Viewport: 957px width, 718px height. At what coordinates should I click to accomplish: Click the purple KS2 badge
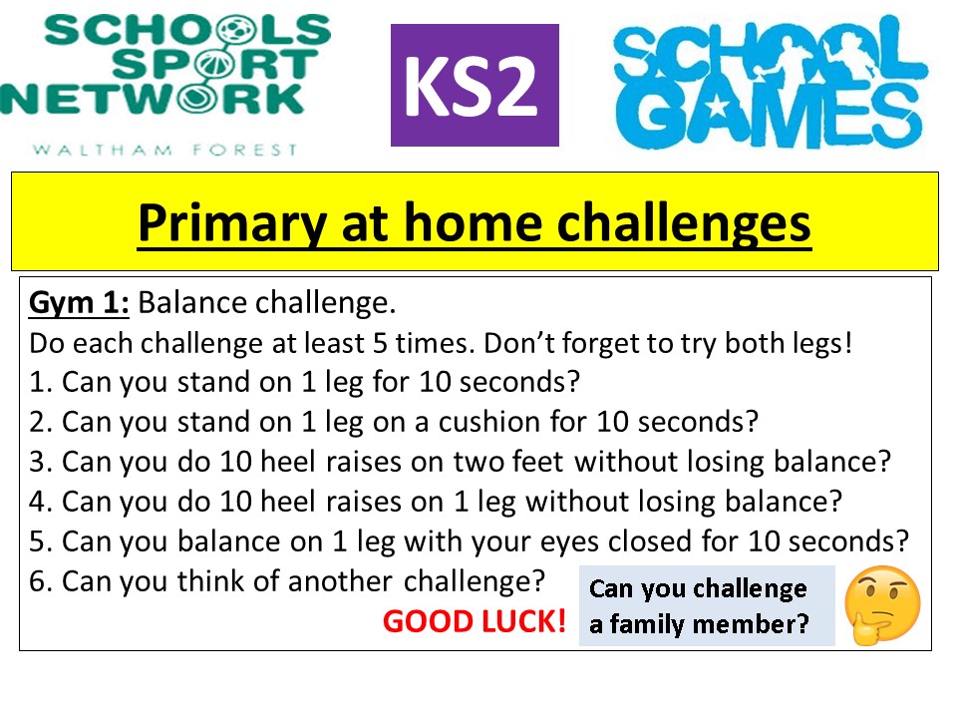coord(475,85)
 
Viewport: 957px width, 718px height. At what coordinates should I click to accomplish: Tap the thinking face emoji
coord(882,605)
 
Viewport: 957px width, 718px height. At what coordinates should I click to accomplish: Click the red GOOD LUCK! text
coord(475,621)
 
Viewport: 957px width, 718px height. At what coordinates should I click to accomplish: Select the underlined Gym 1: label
coord(79,303)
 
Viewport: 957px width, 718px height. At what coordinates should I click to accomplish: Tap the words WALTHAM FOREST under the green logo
coord(164,150)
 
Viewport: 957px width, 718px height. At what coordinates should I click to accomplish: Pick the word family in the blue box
coord(647,624)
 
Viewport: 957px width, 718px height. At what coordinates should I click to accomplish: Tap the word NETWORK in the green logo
coord(153,99)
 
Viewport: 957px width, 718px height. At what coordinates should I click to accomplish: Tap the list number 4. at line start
coord(41,502)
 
